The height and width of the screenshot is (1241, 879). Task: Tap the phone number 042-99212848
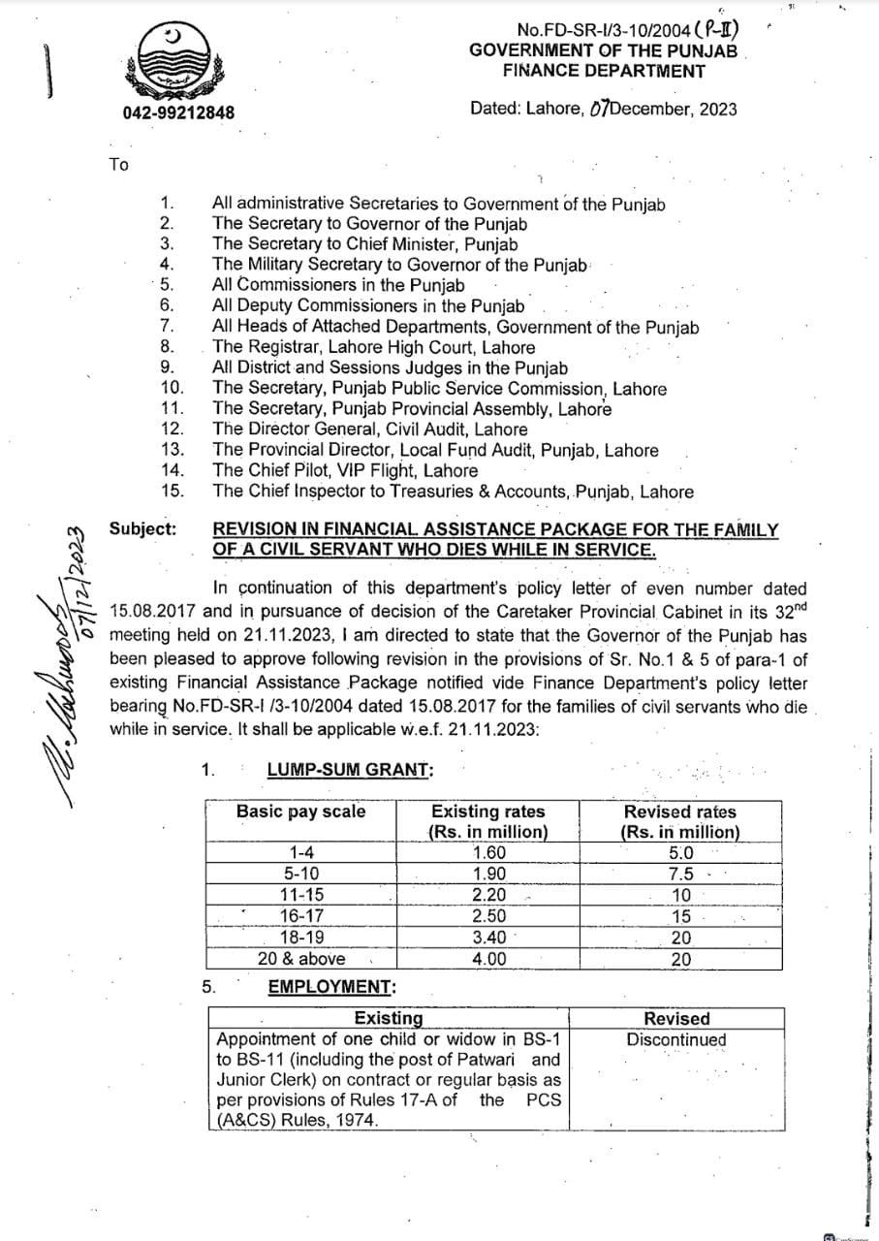[178, 112]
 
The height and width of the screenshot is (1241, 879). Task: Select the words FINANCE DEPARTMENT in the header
[603, 70]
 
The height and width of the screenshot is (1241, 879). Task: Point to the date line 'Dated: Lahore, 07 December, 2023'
[603, 108]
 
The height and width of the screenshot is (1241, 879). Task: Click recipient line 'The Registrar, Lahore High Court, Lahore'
[373, 347]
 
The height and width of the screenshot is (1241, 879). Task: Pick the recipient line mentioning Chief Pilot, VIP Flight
[345, 470]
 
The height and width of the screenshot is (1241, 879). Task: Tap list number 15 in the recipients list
[172, 491]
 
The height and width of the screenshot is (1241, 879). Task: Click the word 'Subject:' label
[143, 528]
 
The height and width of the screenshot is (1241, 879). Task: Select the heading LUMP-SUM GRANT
[350, 770]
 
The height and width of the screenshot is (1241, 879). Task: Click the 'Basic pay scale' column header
[301, 811]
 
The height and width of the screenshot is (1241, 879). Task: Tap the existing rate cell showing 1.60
[488, 853]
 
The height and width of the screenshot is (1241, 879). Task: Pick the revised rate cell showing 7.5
[681, 874]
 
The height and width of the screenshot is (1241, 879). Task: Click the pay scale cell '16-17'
[301, 916]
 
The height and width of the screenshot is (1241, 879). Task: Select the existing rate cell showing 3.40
[488, 938]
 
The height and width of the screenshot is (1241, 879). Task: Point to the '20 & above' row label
[301, 958]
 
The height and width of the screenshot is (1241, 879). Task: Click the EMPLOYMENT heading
[331, 987]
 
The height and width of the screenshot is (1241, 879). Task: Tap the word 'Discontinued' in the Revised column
[676, 1040]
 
